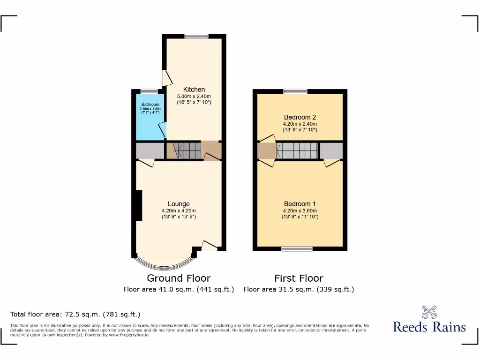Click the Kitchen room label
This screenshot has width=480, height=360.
pos(194,90)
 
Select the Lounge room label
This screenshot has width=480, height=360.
pos(179,204)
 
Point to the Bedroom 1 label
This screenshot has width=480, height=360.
pos(300,204)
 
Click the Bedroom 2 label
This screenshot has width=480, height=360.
pos(300,117)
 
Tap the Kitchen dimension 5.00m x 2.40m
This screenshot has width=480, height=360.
pos(194,96)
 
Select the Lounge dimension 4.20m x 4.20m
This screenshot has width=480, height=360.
pos(179,210)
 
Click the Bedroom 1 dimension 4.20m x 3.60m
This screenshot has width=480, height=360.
pos(300,210)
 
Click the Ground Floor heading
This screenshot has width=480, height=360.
pos(179,278)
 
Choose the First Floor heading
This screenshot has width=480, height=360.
pos(299,278)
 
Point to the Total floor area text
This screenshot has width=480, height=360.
pos(75,314)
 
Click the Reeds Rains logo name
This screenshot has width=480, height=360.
pos(429,327)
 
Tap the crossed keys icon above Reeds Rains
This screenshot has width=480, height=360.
pos(429,312)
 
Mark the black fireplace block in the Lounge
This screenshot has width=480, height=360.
pos(138,205)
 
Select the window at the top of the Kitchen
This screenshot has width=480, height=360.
pos(196,36)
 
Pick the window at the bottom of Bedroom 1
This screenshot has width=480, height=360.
pos(297,249)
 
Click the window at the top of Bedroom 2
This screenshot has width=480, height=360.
pos(295,91)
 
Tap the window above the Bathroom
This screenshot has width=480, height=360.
pos(149,91)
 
